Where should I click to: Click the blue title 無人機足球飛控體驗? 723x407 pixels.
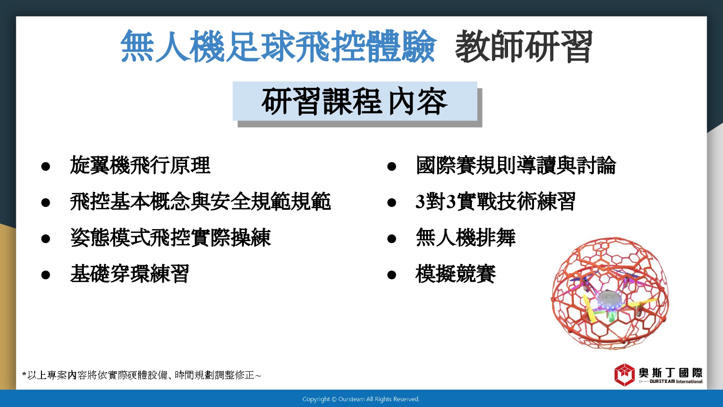pyautogui.click(x=279, y=46)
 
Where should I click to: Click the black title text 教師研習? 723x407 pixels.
pyautogui.click(x=524, y=46)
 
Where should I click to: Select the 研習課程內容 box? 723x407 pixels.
pyautogui.click(x=355, y=101)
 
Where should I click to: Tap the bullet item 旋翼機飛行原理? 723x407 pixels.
pyautogui.click(x=140, y=165)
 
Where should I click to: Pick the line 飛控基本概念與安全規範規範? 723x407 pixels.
pyautogui.click(x=201, y=201)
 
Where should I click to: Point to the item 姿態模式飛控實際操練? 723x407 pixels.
pyautogui.click(x=171, y=237)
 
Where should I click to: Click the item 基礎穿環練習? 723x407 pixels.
pyautogui.click(x=130, y=273)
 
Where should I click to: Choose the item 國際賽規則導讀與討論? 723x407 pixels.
pyautogui.click(x=516, y=165)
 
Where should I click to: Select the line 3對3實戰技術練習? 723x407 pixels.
pyautogui.click(x=495, y=201)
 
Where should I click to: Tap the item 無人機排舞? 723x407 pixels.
pyautogui.click(x=466, y=237)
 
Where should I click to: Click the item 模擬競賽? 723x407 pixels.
pyautogui.click(x=455, y=273)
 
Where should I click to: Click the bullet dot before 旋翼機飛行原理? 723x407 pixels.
pyautogui.click(x=45, y=166)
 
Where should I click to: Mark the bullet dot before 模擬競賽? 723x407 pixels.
pyautogui.click(x=391, y=275)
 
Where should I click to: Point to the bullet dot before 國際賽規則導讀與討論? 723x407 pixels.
pyautogui.click(x=391, y=166)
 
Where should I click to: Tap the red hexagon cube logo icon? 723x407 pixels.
pyautogui.click(x=625, y=375)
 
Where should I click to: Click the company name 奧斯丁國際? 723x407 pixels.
pyautogui.click(x=671, y=373)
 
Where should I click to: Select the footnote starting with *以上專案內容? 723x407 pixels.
pyautogui.click(x=141, y=375)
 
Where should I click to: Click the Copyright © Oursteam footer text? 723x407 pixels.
pyautogui.click(x=361, y=399)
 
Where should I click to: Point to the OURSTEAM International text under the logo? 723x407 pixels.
pyautogui.click(x=676, y=381)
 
